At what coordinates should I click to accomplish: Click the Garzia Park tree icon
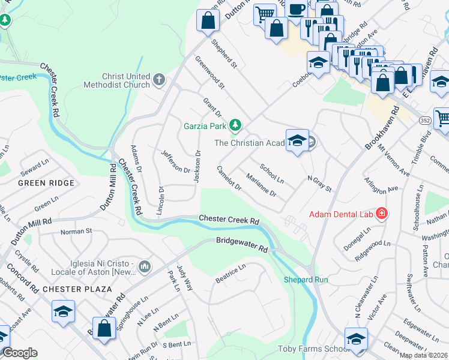click(x=236, y=125)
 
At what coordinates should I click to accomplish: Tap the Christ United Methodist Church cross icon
click(x=159, y=79)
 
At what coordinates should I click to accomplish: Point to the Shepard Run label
click(x=306, y=280)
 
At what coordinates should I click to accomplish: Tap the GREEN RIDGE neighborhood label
click(x=46, y=183)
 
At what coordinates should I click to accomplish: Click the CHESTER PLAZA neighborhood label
click(x=77, y=289)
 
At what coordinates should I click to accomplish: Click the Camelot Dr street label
click(x=229, y=178)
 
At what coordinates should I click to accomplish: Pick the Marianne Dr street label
click(x=261, y=185)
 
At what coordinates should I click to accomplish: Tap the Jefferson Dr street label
click(x=175, y=161)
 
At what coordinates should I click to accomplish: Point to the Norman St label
click(x=76, y=230)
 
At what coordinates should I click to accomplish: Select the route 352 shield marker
click(x=424, y=121)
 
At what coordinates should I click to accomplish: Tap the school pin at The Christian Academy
click(x=297, y=141)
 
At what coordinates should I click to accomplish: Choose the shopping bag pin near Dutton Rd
click(x=208, y=21)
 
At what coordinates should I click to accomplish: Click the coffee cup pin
click(x=295, y=10)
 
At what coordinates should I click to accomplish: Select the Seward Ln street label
click(x=34, y=166)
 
